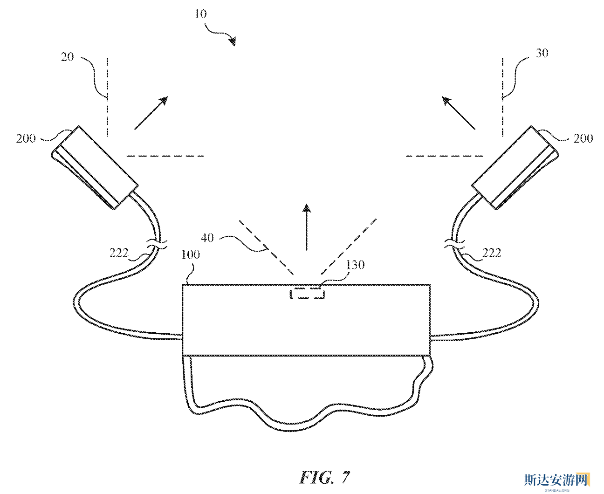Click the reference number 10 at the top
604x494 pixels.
coord(200,14)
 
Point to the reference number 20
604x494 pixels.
coord(67,57)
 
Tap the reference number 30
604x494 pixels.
coord(542,53)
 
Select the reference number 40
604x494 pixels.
coord(207,238)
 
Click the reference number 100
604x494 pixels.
coord(191,254)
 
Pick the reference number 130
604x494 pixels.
coord(355,265)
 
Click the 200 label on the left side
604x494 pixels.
coord(26,138)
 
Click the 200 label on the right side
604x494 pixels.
coord(583,138)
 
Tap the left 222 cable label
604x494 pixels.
coord(119,253)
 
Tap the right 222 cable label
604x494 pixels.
coord(492,253)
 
